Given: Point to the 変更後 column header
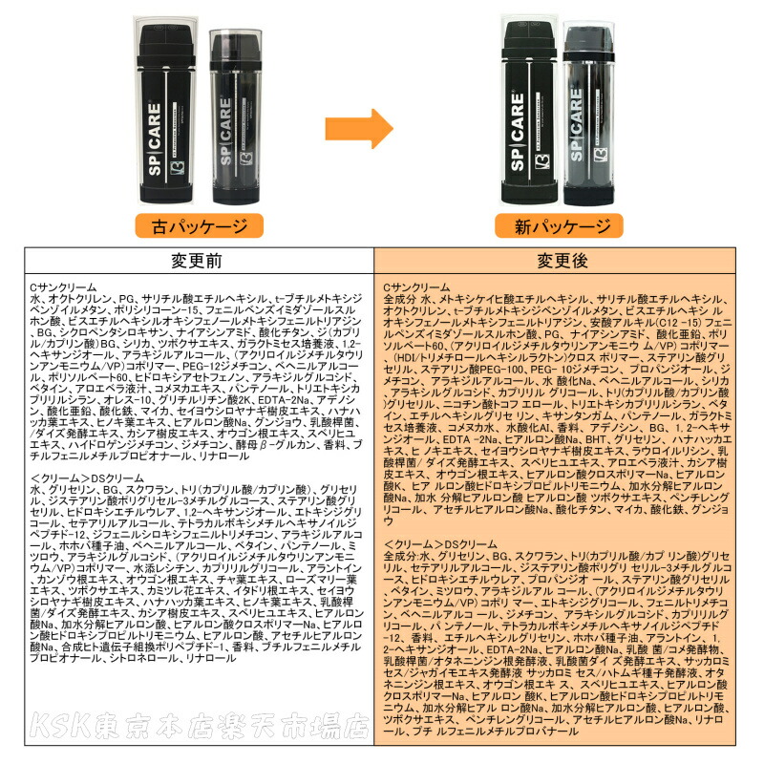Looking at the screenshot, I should click(x=567, y=261).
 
